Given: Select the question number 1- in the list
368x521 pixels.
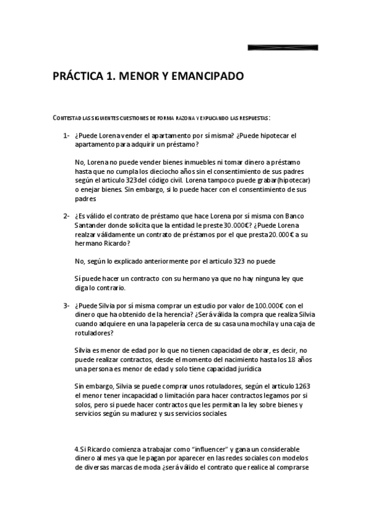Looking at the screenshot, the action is click(66, 136).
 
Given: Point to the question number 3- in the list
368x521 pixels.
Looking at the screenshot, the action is click(66, 305).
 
